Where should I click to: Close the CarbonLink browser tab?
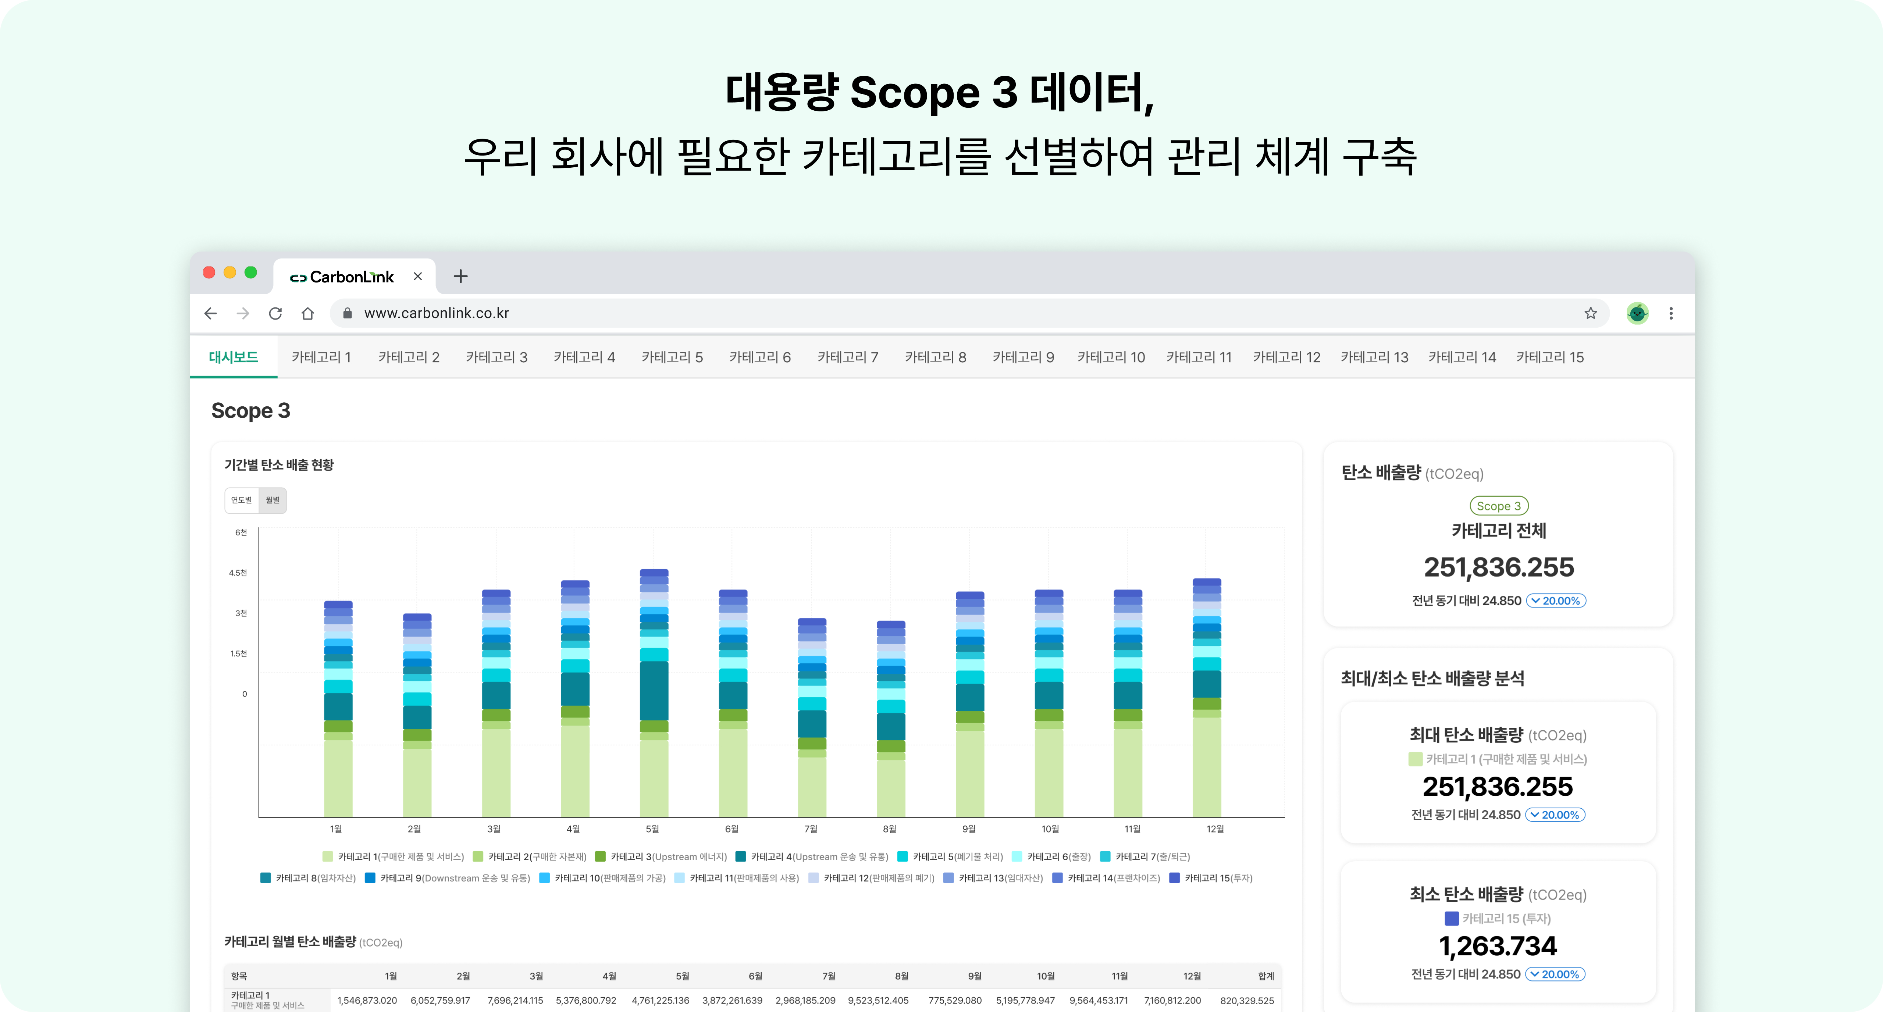click(417, 276)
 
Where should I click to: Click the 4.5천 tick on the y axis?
click(238, 573)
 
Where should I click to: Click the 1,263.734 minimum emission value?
click(1498, 946)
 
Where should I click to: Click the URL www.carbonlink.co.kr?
click(437, 313)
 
